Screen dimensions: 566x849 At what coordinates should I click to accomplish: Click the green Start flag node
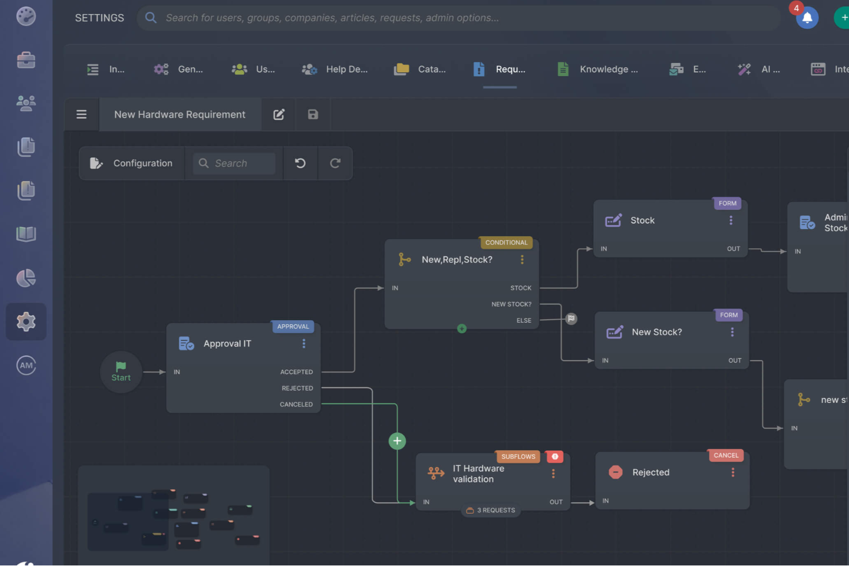(x=120, y=371)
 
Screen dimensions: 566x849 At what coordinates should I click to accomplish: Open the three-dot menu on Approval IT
(x=304, y=343)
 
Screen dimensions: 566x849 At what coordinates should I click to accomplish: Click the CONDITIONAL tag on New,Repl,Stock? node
(x=506, y=243)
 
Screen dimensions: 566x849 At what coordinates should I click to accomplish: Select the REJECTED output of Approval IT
(x=297, y=388)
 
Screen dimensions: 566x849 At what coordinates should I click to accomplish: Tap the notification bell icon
(x=807, y=18)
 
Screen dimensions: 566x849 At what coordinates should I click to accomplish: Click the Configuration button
(x=131, y=163)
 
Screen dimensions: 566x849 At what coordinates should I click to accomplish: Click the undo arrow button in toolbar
(x=300, y=163)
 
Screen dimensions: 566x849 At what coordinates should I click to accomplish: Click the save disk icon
(x=313, y=115)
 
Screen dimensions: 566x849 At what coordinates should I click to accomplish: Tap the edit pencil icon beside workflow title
(x=279, y=115)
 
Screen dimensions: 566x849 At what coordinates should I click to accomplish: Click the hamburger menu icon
(x=81, y=115)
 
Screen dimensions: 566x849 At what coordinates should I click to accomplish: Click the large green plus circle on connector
(x=397, y=441)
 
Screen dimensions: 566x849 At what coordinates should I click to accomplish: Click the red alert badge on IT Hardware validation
(x=555, y=456)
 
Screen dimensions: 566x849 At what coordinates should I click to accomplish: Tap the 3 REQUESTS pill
(x=491, y=510)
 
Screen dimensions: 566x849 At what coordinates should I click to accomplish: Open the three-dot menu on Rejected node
(x=733, y=473)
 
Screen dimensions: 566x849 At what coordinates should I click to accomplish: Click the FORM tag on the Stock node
(x=727, y=204)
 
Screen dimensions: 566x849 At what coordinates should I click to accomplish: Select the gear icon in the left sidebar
(x=26, y=322)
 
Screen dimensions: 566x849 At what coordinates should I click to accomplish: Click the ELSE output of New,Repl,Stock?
(x=524, y=321)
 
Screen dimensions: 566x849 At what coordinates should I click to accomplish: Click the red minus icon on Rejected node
(x=616, y=473)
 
